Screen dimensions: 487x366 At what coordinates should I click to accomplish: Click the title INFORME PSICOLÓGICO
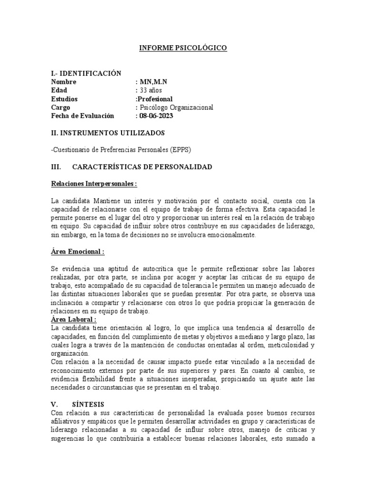(183, 48)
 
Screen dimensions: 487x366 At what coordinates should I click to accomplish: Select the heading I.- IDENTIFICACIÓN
(86, 73)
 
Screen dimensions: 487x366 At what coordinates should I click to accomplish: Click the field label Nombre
(63, 82)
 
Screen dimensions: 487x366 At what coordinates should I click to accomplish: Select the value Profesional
(155, 99)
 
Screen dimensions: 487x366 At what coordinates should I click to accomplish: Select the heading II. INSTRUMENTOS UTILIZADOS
(108, 133)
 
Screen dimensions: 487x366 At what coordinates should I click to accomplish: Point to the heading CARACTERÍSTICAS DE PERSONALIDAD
(142, 167)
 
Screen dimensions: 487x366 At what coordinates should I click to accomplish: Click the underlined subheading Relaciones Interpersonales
(93, 184)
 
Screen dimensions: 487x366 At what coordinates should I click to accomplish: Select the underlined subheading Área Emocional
(77, 252)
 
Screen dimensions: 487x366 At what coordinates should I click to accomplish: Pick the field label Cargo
(60, 107)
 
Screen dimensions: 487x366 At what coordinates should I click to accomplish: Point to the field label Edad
(59, 90)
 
